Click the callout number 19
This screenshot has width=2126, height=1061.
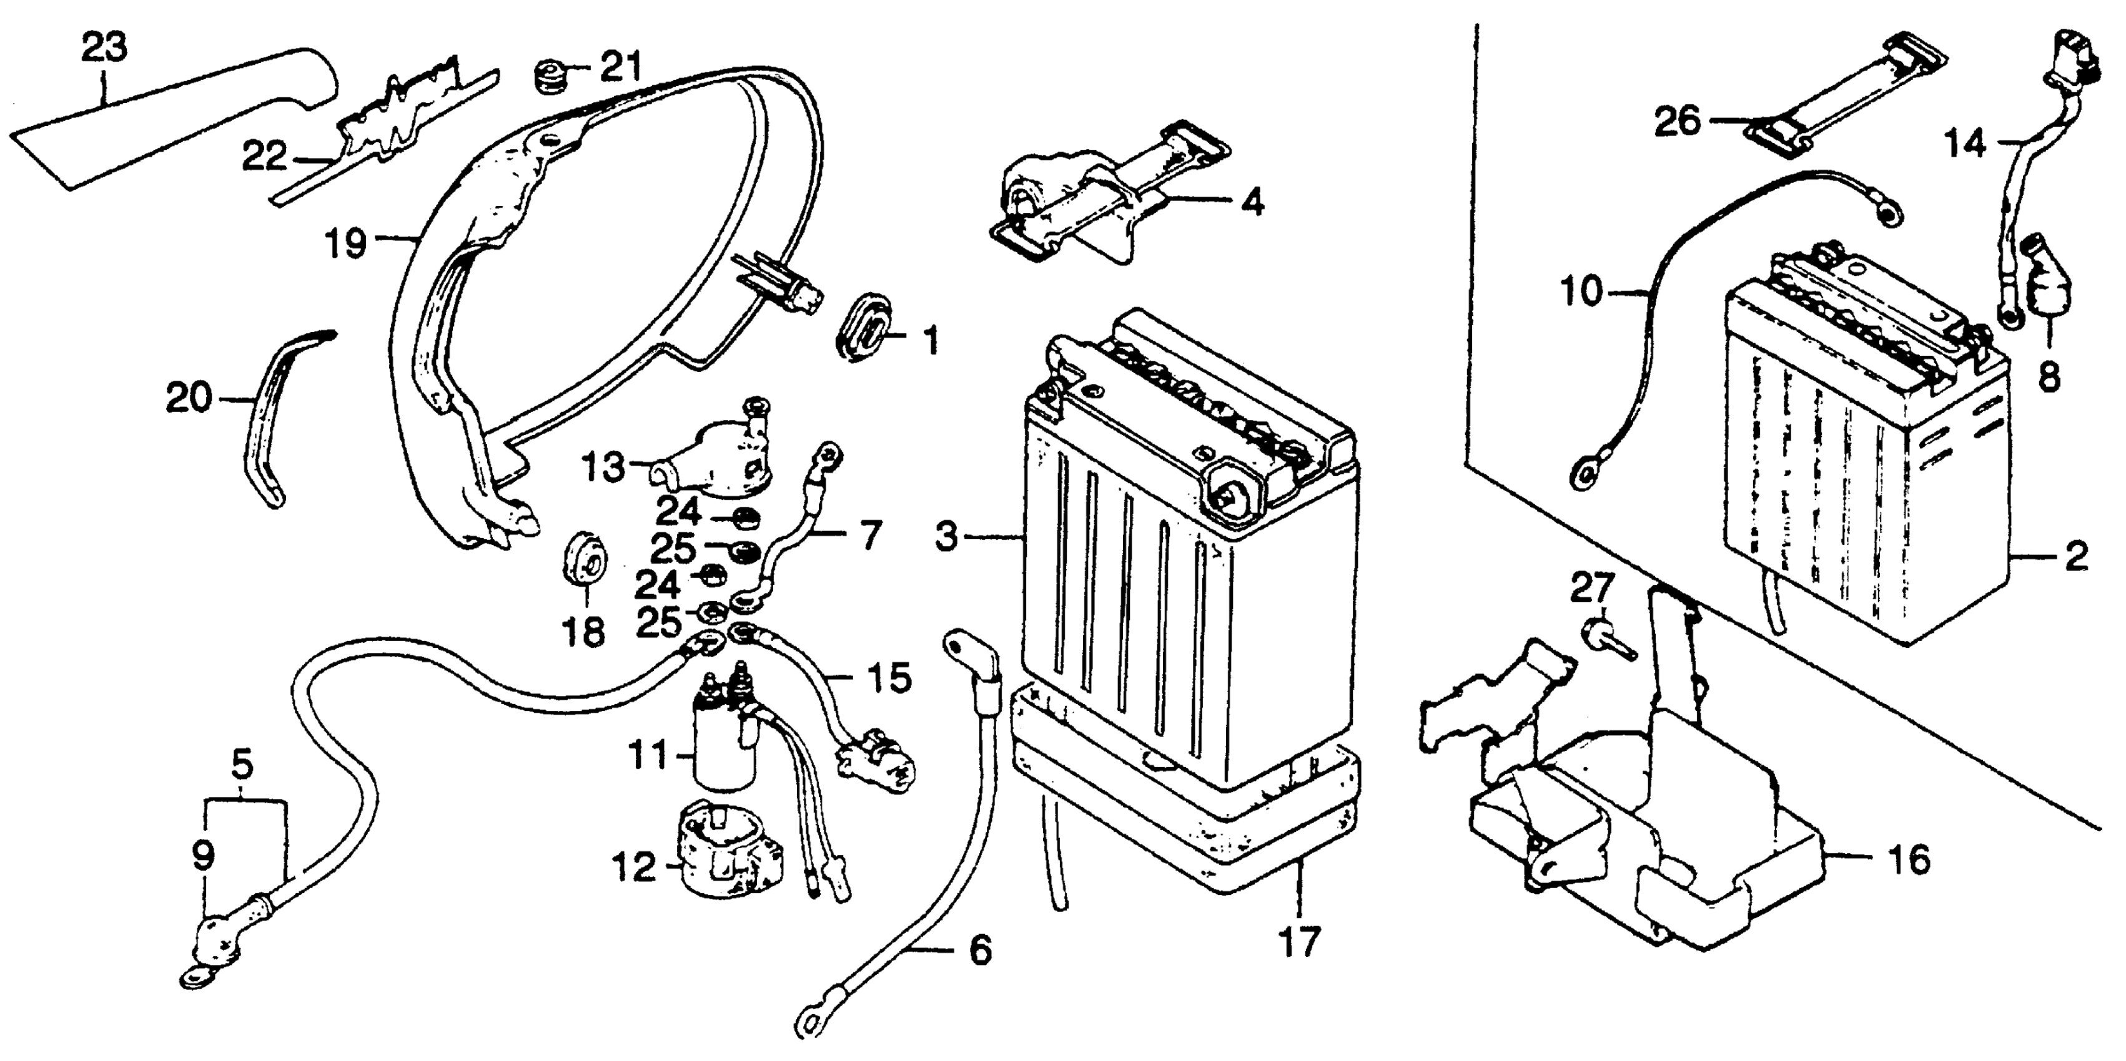click(x=344, y=243)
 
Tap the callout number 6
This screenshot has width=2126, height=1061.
click(x=980, y=951)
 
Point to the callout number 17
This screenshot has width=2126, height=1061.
click(x=1299, y=941)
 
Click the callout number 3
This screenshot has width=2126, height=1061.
click(x=947, y=537)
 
